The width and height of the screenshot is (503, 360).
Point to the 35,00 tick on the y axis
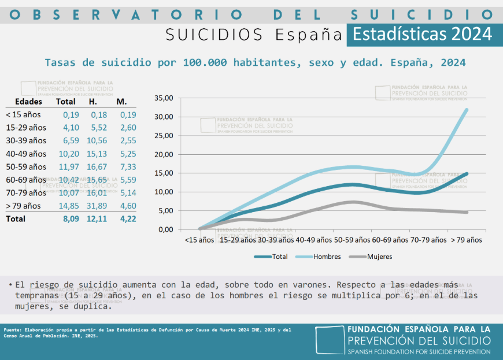[165, 98]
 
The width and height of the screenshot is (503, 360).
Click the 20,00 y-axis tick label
[165, 154]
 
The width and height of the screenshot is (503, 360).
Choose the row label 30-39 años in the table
[25, 140]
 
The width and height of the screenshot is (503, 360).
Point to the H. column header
[93, 102]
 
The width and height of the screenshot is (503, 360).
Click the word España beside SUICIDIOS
[309, 35]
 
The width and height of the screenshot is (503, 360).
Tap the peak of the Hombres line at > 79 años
[467, 109]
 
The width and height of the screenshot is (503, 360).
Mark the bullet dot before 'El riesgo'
[10, 285]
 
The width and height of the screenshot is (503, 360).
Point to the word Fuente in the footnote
[13, 330]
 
